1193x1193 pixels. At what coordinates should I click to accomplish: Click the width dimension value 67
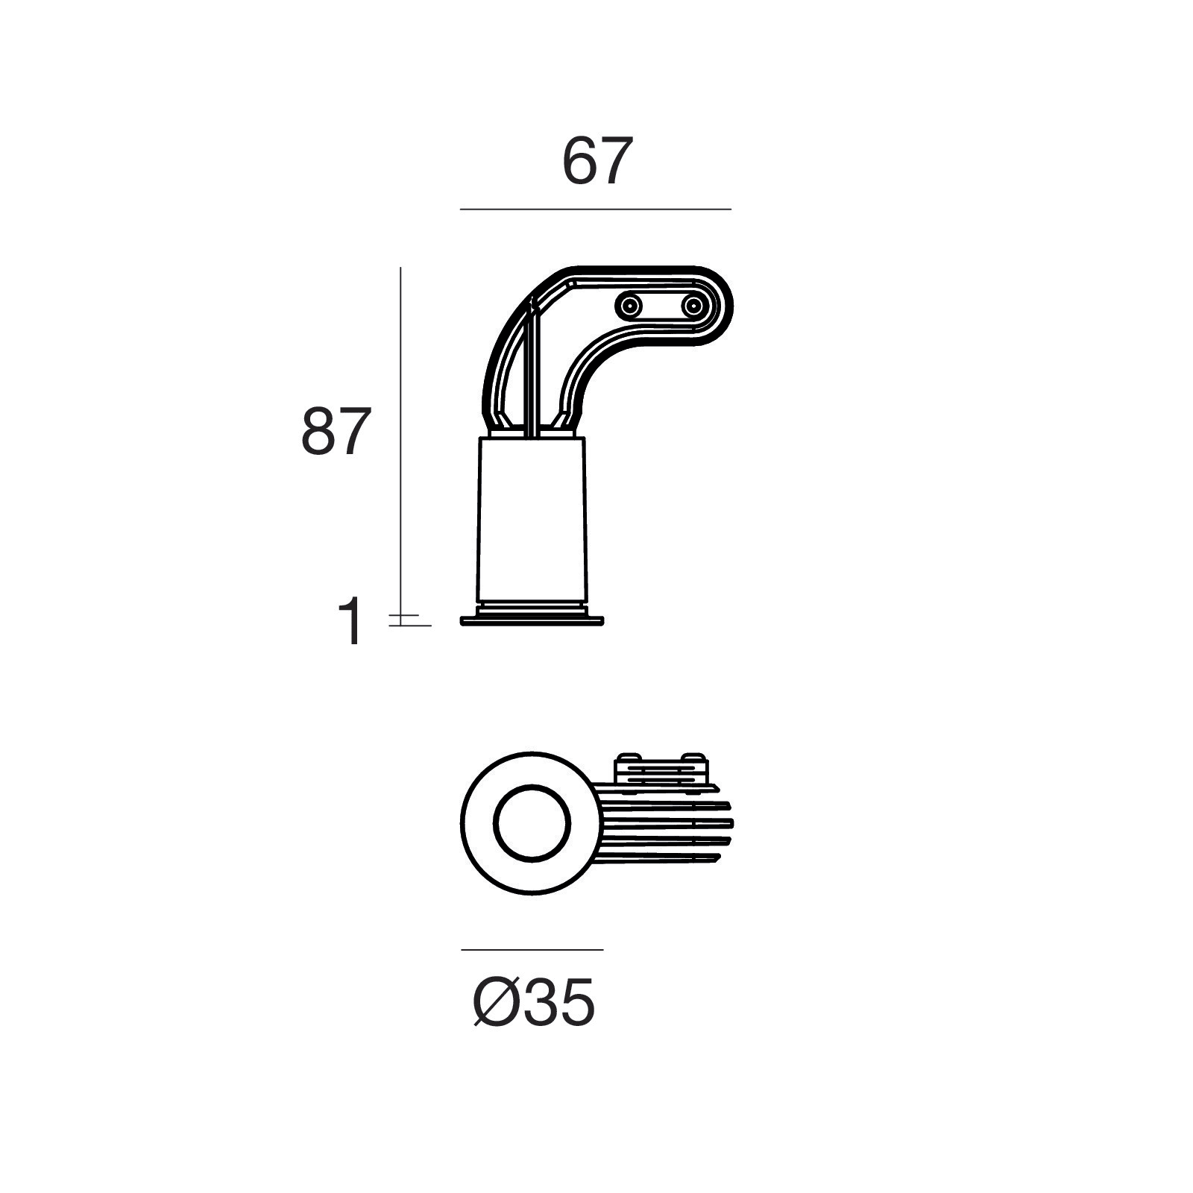[597, 160]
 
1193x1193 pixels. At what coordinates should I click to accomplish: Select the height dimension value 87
[336, 432]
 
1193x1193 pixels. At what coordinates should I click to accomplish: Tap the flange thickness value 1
[350, 621]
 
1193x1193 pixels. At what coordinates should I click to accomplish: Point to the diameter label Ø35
[535, 1002]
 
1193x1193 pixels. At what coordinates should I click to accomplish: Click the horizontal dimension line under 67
[596, 210]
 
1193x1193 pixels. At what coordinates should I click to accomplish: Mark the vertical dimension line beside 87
[400, 446]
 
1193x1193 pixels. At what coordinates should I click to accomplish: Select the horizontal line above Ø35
[532, 950]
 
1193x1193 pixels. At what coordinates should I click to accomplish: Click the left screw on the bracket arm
[630, 306]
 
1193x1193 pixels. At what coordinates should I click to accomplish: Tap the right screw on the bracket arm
[694, 306]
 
